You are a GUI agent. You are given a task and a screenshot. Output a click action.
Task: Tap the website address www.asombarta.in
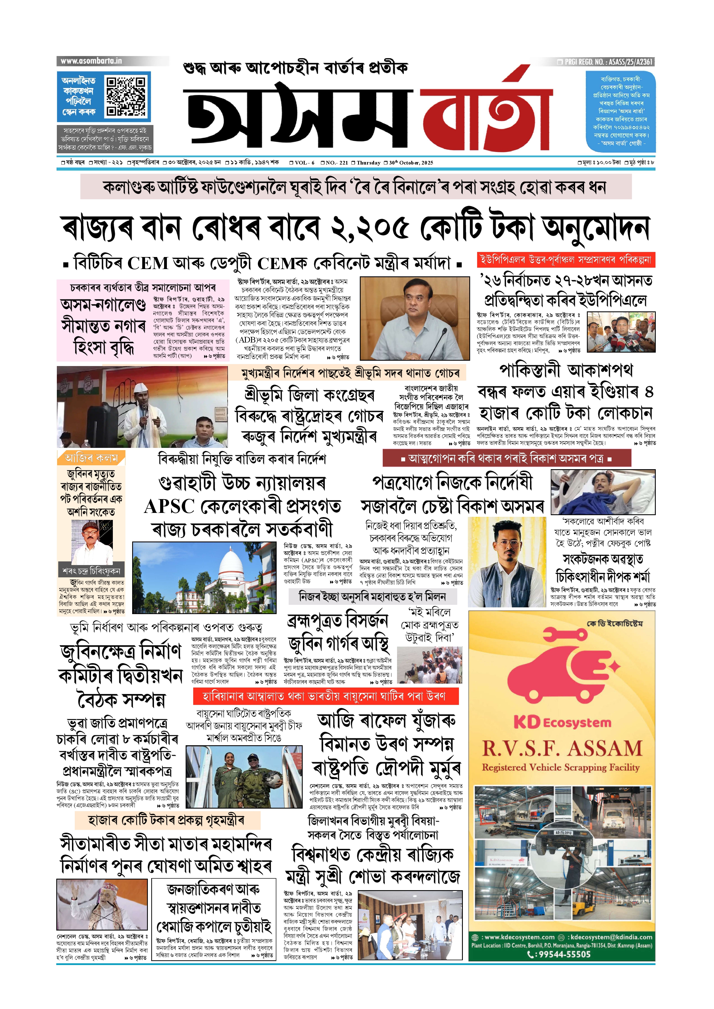(x=92, y=61)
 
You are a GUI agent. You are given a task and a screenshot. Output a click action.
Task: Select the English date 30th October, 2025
(x=411, y=163)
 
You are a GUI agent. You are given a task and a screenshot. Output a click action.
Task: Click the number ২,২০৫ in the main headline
(x=370, y=228)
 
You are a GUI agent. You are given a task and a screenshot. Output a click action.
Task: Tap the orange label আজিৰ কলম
(x=91, y=458)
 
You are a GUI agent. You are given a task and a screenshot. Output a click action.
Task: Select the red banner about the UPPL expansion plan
(x=566, y=260)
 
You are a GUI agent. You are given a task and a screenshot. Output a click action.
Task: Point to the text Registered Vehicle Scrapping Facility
(x=561, y=767)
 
